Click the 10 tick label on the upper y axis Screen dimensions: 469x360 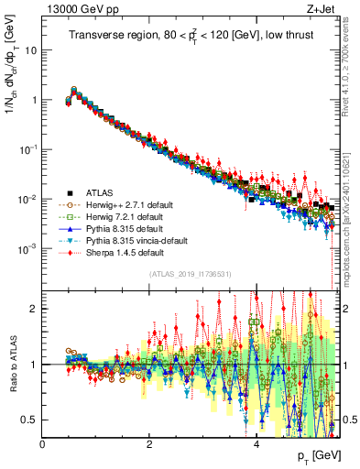[32, 50]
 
